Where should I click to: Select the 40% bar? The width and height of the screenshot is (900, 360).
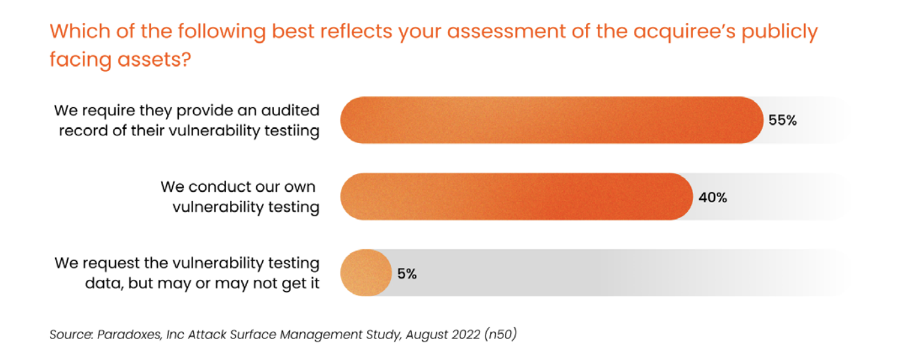pyautogui.click(x=516, y=196)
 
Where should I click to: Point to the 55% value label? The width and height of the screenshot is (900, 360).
pyautogui.click(x=782, y=121)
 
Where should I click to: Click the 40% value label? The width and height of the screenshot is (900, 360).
pyautogui.click(x=713, y=197)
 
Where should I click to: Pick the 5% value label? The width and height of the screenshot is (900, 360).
pyautogui.click(x=407, y=274)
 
